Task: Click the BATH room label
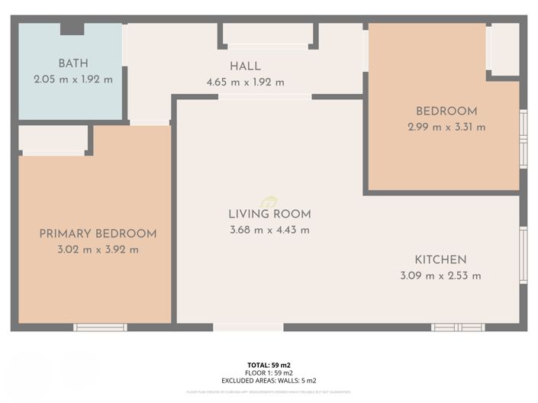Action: coord(73,63)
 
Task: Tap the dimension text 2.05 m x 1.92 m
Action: coord(73,79)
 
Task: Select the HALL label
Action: coord(245,66)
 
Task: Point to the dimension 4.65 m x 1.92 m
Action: coord(245,82)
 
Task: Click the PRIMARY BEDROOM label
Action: coord(98,234)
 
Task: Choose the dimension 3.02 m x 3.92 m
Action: coord(98,250)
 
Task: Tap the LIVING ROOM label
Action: coord(269,214)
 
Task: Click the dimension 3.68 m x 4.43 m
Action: coord(269,231)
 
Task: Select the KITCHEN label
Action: coord(440,260)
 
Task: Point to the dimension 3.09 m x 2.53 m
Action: coord(440,276)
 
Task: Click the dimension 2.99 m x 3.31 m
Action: coord(446,127)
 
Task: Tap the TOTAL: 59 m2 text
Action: coord(269,366)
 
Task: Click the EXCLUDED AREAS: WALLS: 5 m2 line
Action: coord(269,380)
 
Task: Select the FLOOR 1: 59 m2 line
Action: coord(269,372)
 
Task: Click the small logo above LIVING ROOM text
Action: coord(269,201)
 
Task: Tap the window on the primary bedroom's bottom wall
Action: coord(100,327)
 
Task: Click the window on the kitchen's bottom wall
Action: coord(458,327)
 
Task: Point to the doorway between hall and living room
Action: coord(265,97)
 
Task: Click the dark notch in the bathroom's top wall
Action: coord(72,28)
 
